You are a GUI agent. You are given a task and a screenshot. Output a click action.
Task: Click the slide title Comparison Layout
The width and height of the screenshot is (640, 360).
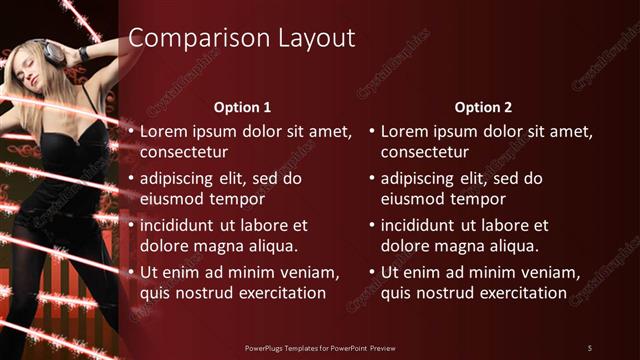[242, 39]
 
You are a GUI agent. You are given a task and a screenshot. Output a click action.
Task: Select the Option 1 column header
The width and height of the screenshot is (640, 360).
[242, 107]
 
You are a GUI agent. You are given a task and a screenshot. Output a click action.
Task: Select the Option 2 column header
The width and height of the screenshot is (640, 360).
[483, 107]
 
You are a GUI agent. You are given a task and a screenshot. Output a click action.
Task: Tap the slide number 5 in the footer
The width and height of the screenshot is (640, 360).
[590, 347]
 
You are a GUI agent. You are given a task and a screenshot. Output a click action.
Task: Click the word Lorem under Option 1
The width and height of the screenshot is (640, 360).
[163, 131]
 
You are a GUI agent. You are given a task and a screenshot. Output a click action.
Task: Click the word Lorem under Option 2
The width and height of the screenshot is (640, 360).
[404, 131]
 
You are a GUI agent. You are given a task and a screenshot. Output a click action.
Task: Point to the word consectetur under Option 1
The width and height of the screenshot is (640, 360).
[184, 152]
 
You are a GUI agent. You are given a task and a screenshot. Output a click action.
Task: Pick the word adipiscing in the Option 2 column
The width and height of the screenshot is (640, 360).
[417, 178]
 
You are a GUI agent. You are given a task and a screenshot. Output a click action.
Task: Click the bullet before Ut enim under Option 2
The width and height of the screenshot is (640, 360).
[372, 272]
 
